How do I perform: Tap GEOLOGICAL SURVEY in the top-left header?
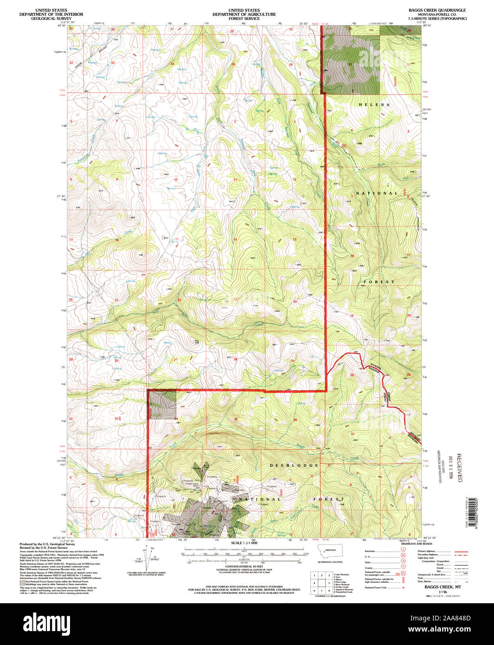pyautogui.click(x=51, y=19)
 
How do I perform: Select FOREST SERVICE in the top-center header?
pyautogui.click(x=244, y=19)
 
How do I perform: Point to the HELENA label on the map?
pyautogui.click(x=374, y=105)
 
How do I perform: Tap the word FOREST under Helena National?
pyautogui.click(x=379, y=282)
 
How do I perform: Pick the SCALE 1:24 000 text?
pyautogui.click(x=244, y=542)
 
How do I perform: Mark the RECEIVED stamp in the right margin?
pyautogui.click(x=459, y=468)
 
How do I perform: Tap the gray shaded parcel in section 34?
pyautogui.click(x=162, y=405)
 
